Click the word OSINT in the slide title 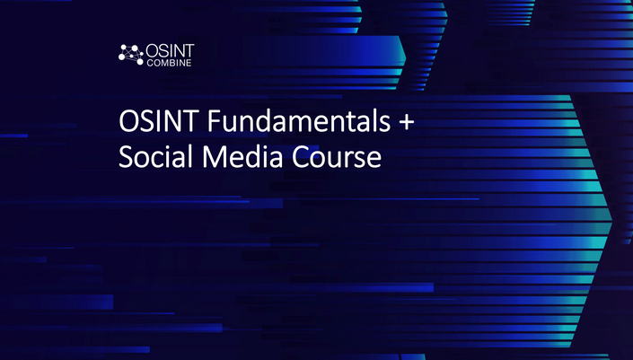tap(158, 121)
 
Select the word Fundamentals tap(299, 120)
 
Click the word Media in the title tap(242, 156)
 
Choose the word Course tap(337, 156)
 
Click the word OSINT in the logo tap(170, 51)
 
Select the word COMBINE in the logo tap(169, 63)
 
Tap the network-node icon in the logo tap(131, 55)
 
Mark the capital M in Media tap(214, 156)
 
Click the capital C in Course tap(301, 156)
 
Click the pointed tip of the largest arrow tap(612, 220)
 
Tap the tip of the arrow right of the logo tap(406, 57)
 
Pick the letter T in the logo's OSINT tap(189, 51)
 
